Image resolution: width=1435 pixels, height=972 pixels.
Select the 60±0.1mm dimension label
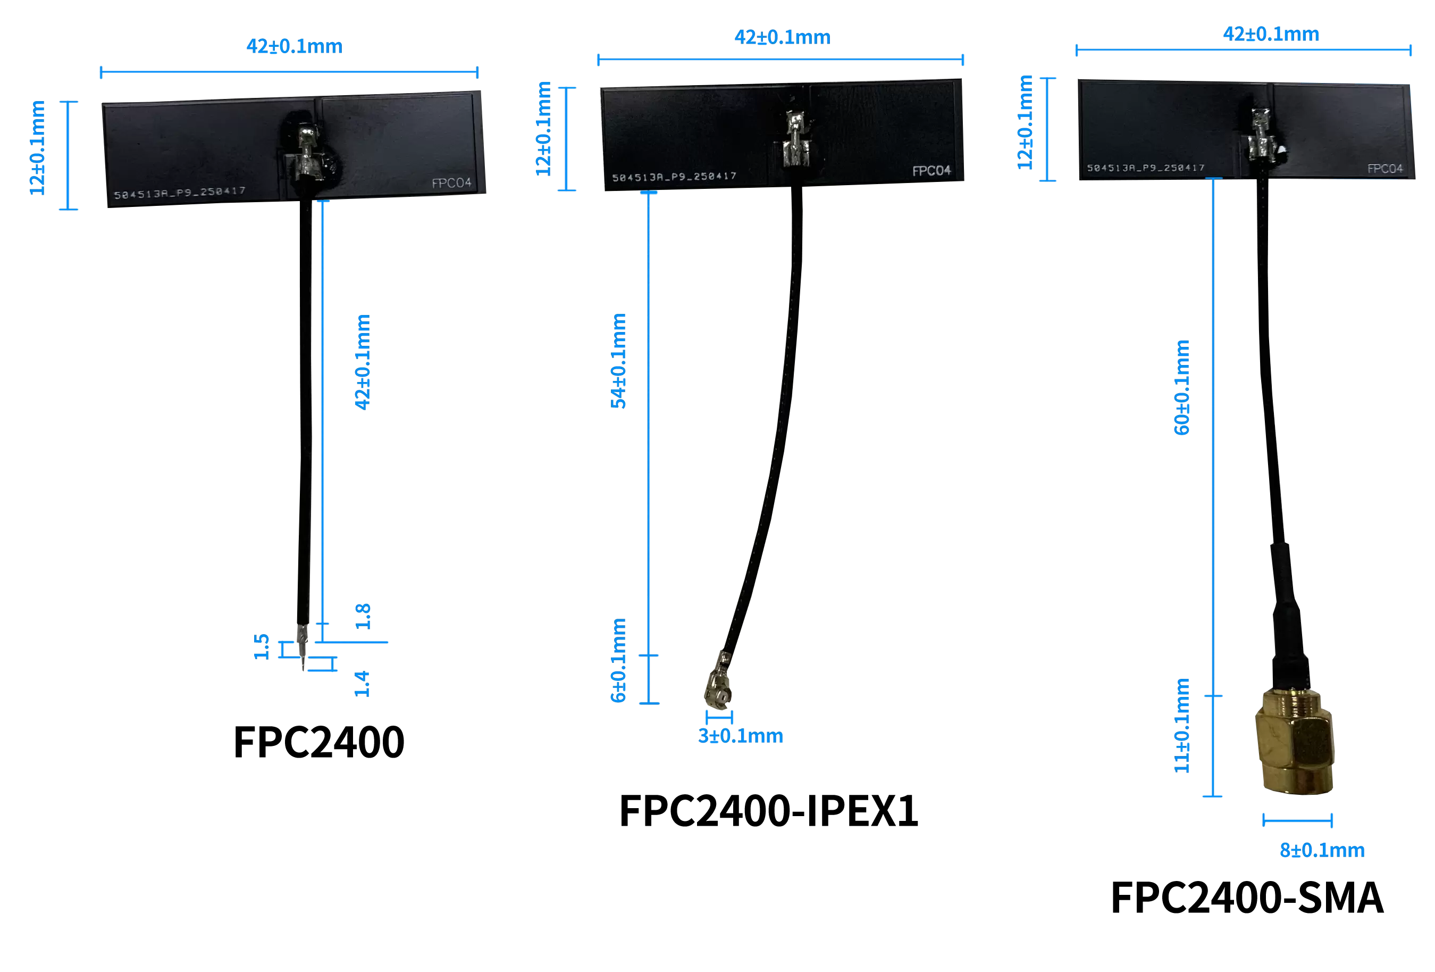pyautogui.click(x=1181, y=387)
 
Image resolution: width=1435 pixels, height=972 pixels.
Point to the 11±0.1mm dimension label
pyautogui.click(x=1181, y=726)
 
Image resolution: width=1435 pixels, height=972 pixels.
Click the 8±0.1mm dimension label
pyautogui.click(x=1321, y=850)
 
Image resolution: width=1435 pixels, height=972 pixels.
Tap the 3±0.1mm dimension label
pyautogui.click(x=740, y=736)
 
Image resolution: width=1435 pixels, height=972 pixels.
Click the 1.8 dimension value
pyautogui.click(x=363, y=616)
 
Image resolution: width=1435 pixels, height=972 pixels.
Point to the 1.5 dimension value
pyautogui.click(x=262, y=646)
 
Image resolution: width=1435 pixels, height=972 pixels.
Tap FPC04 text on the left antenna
pyautogui.click(x=451, y=184)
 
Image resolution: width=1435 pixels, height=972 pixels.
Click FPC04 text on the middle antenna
pyautogui.click(x=931, y=171)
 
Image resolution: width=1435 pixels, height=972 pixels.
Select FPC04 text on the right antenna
pyautogui.click(x=1384, y=169)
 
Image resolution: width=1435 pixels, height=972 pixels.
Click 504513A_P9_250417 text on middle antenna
pyautogui.click(x=674, y=177)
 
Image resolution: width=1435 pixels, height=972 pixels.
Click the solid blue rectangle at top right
pyautogui.click(x=1356, y=62)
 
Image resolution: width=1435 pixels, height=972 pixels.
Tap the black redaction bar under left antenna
pyautogui.click(x=319, y=742)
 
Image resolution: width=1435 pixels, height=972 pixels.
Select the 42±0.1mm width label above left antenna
pyautogui.click(x=294, y=46)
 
